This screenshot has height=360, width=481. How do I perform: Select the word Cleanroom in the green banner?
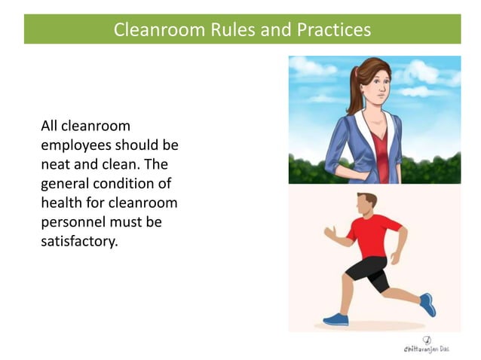coord(150,30)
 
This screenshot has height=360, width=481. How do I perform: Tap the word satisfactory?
coord(79,243)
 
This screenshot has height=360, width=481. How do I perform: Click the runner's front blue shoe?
coord(336,319)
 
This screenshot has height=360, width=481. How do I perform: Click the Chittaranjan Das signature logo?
coord(427,345)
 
